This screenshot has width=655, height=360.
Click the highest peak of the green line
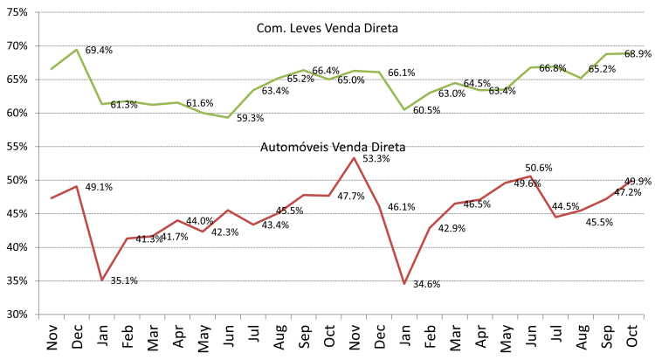coord(77,49)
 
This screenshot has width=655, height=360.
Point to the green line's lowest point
coord(228,117)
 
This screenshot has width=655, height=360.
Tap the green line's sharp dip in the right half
coord(403,109)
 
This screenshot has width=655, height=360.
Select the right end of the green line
coord(631,53)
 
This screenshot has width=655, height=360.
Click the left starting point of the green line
coord(52,68)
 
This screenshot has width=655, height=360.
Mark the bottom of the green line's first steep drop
coord(102,104)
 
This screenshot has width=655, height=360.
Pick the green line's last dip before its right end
coord(581,78)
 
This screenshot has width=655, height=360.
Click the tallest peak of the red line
coord(354,158)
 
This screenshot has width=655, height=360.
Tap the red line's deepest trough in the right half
coord(404,283)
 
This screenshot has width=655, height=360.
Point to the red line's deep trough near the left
coord(102,280)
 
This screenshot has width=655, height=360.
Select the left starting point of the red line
coord(52,198)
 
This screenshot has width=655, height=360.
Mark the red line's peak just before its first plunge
coord(77,186)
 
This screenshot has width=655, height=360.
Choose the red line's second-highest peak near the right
coord(530,176)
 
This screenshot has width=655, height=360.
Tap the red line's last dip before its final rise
coord(555,217)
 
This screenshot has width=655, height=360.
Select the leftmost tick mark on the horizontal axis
coord(38,318)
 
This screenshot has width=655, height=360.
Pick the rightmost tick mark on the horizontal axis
coord(645,318)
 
